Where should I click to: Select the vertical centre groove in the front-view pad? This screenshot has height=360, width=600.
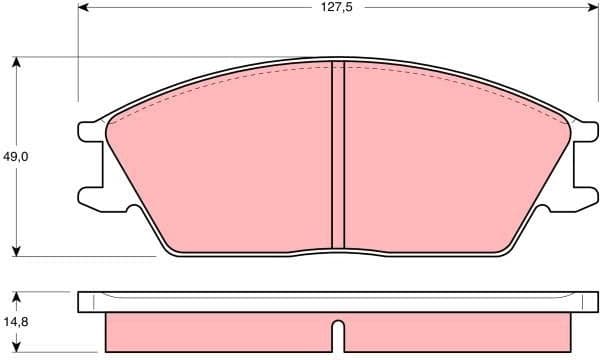pos(337,155)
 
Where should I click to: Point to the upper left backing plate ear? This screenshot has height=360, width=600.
pos(90,130)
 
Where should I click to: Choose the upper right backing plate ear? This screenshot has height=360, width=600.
pos(583,130)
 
